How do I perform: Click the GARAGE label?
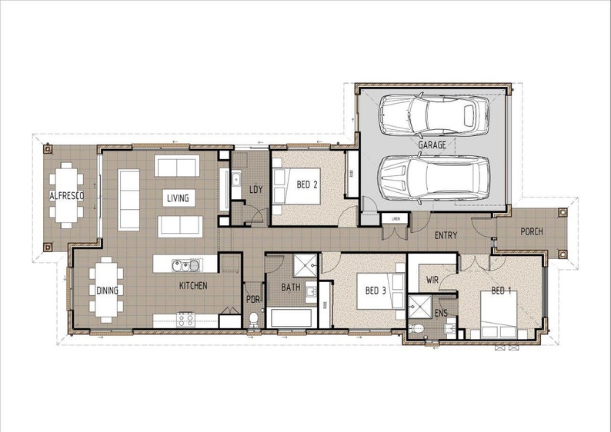click(432, 145)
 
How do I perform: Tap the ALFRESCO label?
click(66, 196)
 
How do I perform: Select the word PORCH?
click(531, 231)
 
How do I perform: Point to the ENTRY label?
click(447, 235)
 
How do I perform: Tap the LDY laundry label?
click(257, 189)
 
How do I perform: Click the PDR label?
click(253, 299)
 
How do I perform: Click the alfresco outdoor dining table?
click(67, 196)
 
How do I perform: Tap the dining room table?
click(105, 290)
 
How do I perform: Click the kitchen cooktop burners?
click(186, 319)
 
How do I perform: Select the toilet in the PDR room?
click(254, 320)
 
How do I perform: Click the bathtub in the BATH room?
click(289, 317)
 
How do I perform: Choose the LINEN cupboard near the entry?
click(396, 219)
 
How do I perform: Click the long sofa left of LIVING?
click(129, 198)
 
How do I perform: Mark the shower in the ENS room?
click(421, 307)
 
